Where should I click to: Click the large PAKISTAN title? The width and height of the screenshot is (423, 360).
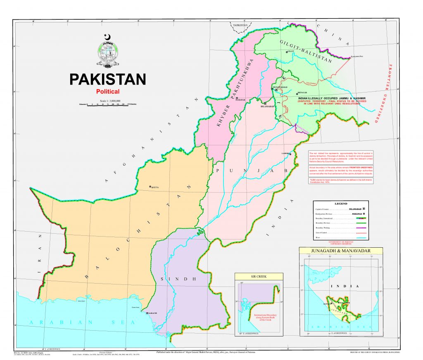tap(107, 79)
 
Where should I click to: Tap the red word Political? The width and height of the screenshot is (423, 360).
tap(107, 92)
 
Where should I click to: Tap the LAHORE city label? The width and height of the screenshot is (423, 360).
tap(285, 154)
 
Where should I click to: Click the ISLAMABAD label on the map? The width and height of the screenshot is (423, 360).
tap(268, 106)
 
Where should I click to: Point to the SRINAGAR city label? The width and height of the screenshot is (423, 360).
tap(303, 93)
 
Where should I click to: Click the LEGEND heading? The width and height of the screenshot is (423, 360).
tap(341, 204)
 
